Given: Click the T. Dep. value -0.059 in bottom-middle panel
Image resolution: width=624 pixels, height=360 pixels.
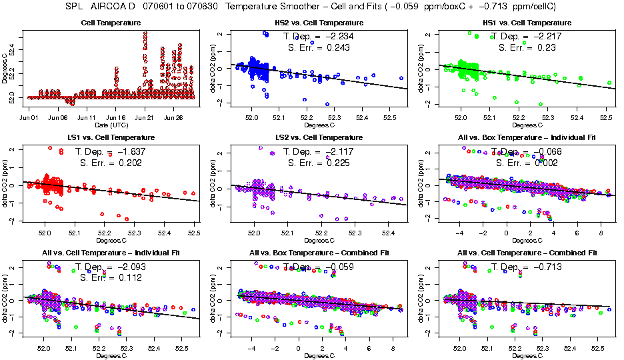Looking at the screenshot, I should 339,267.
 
